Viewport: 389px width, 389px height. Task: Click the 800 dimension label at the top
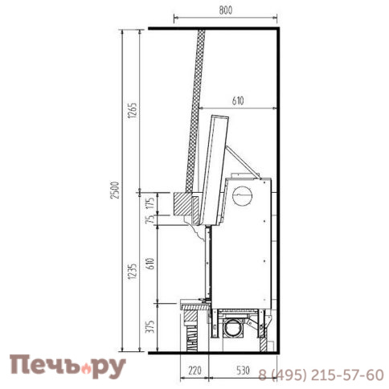(226, 10)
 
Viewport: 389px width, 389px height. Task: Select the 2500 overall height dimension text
(115, 190)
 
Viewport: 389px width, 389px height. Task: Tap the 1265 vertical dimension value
(133, 110)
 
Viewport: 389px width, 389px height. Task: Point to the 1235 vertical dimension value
(133, 272)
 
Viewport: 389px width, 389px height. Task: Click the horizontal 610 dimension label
(238, 101)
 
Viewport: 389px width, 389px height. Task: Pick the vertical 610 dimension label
(151, 264)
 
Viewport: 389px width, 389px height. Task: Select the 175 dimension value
(151, 203)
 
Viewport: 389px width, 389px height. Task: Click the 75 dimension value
(151, 219)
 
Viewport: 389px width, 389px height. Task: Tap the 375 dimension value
(151, 326)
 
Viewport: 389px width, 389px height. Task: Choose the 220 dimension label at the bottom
(194, 371)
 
